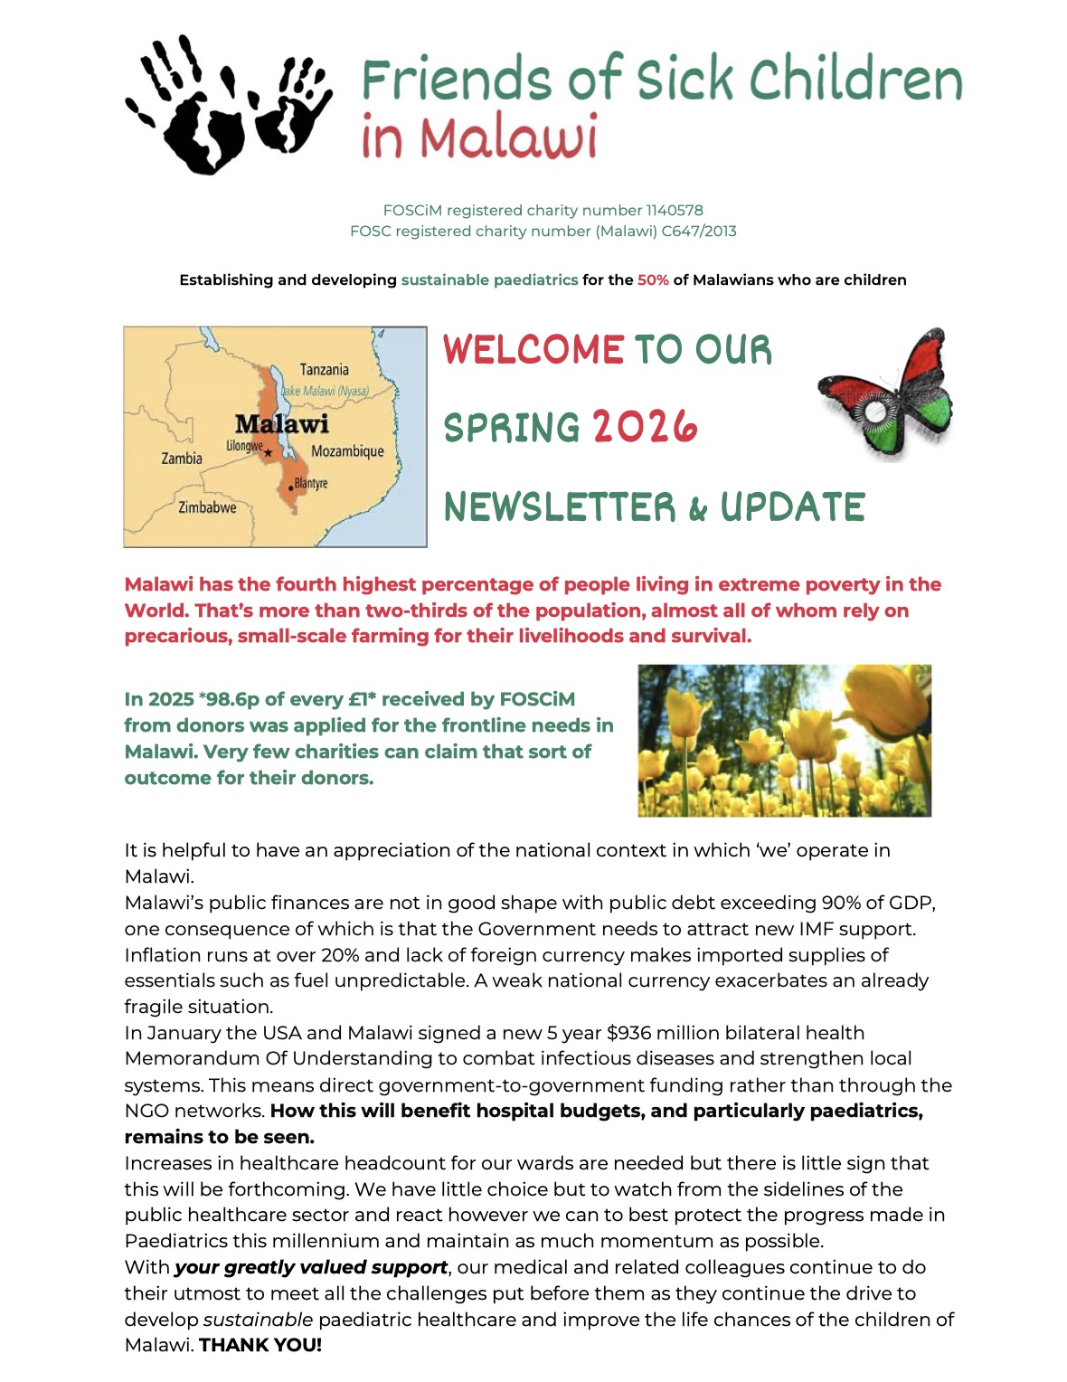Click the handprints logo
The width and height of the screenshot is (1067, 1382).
pyautogui.click(x=228, y=104)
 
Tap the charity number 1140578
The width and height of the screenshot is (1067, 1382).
pyautogui.click(x=675, y=211)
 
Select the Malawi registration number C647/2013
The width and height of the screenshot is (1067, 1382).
pyautogui.click(x=699, y=232)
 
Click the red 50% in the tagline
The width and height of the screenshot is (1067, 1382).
pyautogui.click(x=653, y=280)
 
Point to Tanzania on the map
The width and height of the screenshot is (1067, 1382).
pyautogui.click(x=324, y=370)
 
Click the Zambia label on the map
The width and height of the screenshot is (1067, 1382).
pyautogui.click(x=182, y=459)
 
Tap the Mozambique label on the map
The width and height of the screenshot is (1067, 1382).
pyautogui.click(x=347, y=451)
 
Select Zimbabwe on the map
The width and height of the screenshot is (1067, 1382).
pyautogui.click(x=207, y=507)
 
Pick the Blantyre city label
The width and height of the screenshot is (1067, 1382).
pyautogui.click(x=310, y=483)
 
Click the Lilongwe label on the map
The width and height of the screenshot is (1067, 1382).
pyautogui.click(x=244, y=446)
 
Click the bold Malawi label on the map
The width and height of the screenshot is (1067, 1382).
pyautogui.click(x=281, y=423)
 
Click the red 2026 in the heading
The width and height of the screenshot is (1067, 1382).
pyautogui.click(x=645, y=427)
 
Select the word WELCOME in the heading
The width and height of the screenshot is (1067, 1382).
pyautogui.click(x=533, y=350)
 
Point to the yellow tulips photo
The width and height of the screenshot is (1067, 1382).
pyautogui.click(x=784, y=741)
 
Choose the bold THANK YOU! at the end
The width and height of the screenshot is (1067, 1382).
pyautogui.click(x=260, y=1345)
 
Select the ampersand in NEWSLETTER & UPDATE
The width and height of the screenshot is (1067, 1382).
pyautogui.click(x=697, y=509)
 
